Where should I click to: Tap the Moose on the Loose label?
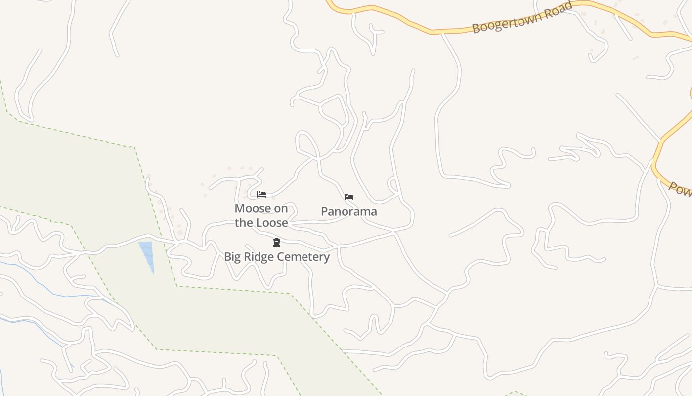tap(261, 215)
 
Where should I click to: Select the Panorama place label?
tap(349, 211)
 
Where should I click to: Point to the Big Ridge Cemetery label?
tap(277, 257)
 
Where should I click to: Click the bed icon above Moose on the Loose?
tap(261, 194)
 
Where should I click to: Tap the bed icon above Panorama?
tap(349, 197)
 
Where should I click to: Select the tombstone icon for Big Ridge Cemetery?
tap(277, 242)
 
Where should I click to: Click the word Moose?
tap(253, 208)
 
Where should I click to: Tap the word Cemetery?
tap(303, 257)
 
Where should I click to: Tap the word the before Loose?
tap(243, 223)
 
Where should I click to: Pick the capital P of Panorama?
tap(325, 211)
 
